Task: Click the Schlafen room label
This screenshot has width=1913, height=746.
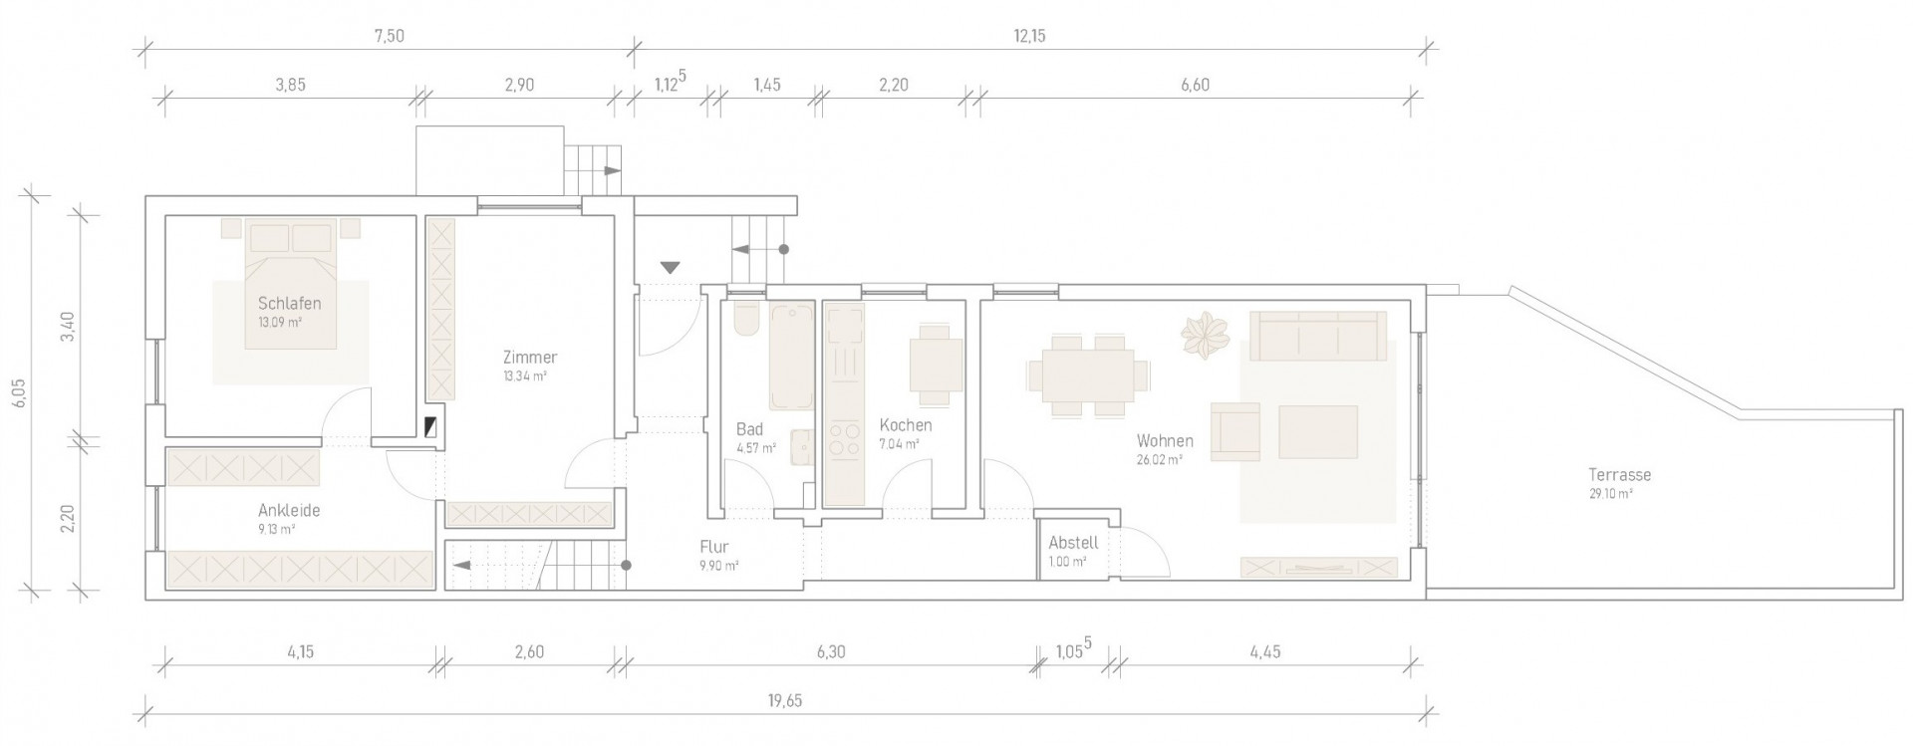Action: point(289,304)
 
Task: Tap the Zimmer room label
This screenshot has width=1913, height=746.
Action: point(530,358)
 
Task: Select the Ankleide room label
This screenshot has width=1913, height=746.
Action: point(289,511)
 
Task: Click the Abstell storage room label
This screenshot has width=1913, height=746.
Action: point(1073,543)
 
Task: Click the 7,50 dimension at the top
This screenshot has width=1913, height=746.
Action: point(390,37)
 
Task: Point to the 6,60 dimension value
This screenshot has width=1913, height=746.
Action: point(1195,86)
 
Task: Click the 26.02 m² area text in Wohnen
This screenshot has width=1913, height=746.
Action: point(1159,460)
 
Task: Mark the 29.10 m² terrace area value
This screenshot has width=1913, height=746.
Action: point(1610,494)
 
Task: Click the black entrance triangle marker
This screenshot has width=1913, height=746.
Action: point(670,267)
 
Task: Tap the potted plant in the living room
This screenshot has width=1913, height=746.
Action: point(1205,335)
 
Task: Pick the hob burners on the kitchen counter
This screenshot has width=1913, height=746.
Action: point(844,439)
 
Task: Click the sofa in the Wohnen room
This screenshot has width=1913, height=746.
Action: point(1318,336)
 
